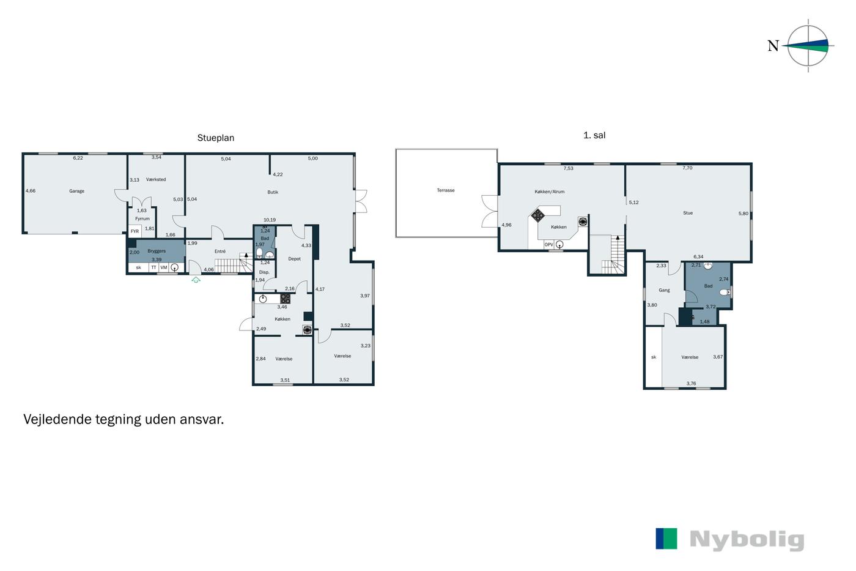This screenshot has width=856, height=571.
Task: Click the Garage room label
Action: point(76,191)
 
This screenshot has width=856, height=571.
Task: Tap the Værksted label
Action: point(156,179)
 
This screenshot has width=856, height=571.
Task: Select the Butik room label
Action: point(273,192)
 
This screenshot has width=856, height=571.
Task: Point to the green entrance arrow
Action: point(196,280)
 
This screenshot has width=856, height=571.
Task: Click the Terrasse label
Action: point(446,190)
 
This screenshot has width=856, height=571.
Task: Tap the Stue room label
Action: point(688,213)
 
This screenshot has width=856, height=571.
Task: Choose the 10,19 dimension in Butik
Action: point(270,220)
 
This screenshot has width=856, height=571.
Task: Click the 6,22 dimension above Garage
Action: point(78,158)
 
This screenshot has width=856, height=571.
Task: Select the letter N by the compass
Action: point(773,46)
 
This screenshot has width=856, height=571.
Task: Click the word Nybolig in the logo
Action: point(747,540)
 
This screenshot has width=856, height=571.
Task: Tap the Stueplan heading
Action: point(215,138)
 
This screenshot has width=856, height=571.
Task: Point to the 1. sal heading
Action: point(594,135)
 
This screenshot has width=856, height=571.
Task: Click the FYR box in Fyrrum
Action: point(135,231)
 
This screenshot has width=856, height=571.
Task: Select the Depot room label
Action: point(294,259)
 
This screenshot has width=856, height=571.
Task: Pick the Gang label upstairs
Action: point(664,290)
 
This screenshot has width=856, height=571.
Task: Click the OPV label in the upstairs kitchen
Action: point(549,245)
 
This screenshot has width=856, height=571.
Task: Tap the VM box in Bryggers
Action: point(164,267)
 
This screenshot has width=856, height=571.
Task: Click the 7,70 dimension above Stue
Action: point(687,168)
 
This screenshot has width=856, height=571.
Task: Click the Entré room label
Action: point(220,252)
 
